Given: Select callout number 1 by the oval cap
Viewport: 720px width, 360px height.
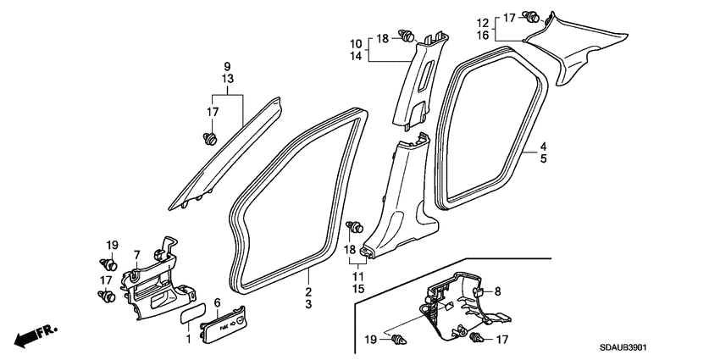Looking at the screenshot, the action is [x=188, y=340].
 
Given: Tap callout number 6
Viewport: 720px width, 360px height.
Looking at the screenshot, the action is [x=217, y=302].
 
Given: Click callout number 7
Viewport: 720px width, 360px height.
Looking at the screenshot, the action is [x=136, y=254].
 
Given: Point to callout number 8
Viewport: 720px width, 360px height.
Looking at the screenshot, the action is [x=498, y=291].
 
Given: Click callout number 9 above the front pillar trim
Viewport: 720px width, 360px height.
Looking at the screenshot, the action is [x=227, y=67].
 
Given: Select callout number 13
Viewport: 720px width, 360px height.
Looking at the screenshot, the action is [x=227, y=79].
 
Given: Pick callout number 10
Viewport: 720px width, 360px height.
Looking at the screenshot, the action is [x=356, y=45].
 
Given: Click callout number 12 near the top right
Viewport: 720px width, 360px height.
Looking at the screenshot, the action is [x=483, y=23].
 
